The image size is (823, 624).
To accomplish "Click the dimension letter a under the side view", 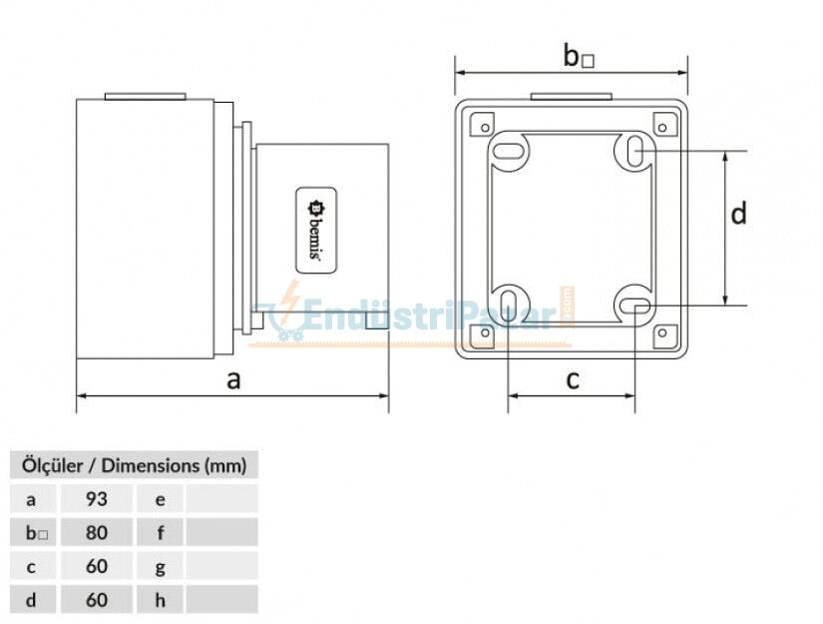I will point(233,379).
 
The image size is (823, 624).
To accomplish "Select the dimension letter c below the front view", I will point(573,379).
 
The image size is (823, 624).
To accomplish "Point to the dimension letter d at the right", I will point(738,214).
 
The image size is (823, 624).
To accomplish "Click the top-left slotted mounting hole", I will point(510,152).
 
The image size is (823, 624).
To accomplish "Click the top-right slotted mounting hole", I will point(634,151).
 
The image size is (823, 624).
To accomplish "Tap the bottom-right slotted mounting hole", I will point(634,305).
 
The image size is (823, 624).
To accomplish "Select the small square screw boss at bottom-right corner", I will point(661,332).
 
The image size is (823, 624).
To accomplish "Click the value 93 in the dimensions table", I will point(96,498).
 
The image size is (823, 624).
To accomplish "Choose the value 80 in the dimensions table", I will point(96,532).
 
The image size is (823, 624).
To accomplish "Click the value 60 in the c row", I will point(96,566).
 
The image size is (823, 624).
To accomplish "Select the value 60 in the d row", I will point(96,600).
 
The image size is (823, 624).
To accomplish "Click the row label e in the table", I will point(160,498).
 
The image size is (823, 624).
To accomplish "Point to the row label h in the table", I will point(160,600).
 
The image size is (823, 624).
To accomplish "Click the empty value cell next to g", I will point(220,566).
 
